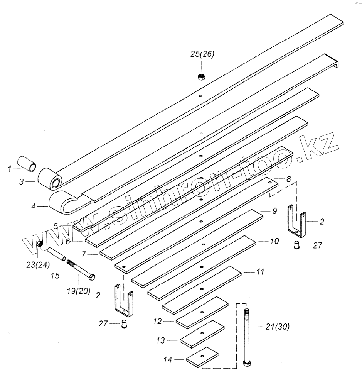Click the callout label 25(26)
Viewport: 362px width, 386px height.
[202, 54]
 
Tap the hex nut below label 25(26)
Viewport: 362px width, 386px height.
[201, 77]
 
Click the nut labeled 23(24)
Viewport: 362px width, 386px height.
[39, 244]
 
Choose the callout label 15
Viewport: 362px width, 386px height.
[55, 265]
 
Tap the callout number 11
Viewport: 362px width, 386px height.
[260, 272]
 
